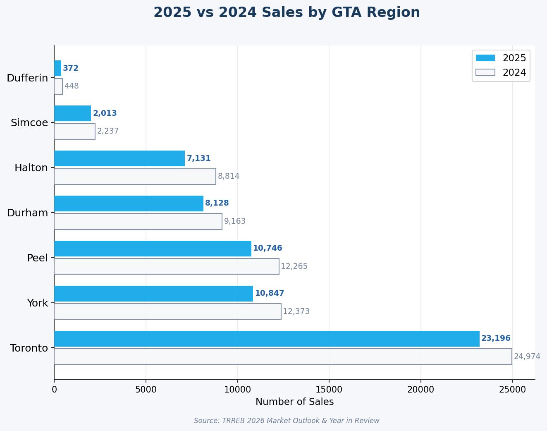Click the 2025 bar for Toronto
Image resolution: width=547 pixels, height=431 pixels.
coord(267,339)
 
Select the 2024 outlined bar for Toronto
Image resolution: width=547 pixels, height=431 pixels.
coord(283,357)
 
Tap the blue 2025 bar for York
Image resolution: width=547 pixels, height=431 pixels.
coord(153,294)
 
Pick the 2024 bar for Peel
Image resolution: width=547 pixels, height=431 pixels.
coord(167,266)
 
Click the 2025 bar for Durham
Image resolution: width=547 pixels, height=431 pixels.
coord(129,204)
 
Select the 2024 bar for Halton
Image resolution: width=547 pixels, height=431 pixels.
coord(135,177)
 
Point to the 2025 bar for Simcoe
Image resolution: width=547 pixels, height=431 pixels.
coord(72,113)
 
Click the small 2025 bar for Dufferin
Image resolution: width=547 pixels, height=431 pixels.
coord(57,68)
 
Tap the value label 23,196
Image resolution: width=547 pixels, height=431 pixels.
coord(496,338)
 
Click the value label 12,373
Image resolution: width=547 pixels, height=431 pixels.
coord(296,311)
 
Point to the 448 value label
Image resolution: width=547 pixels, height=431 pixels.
coord(72,86)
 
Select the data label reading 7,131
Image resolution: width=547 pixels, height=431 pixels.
coord(199,158)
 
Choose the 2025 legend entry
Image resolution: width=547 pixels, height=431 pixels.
coord(501,58)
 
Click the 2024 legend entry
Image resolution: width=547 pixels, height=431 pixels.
coord(501,73)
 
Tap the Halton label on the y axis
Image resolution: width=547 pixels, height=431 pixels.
coord(31,168)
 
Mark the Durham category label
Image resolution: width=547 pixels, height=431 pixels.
coord(27,213)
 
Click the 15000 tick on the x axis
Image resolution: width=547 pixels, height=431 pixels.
coord(329,390)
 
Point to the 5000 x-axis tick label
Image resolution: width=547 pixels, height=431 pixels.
coord(146,390)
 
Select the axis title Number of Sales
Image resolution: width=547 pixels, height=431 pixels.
coord(294,402)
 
